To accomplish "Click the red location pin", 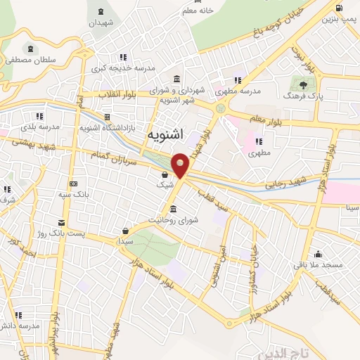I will (x=181, y=165).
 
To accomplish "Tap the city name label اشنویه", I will (x=167, y=134).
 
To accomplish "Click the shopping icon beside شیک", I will (x=165, y=175).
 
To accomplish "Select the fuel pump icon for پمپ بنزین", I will (x=340, y=9).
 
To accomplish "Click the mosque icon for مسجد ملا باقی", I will (x=319, y=255).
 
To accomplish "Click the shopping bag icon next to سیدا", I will (x=125, y=231).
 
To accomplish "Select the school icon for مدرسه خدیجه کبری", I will (x=123, y=57).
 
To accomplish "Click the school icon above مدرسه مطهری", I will (x=238, y=79).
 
